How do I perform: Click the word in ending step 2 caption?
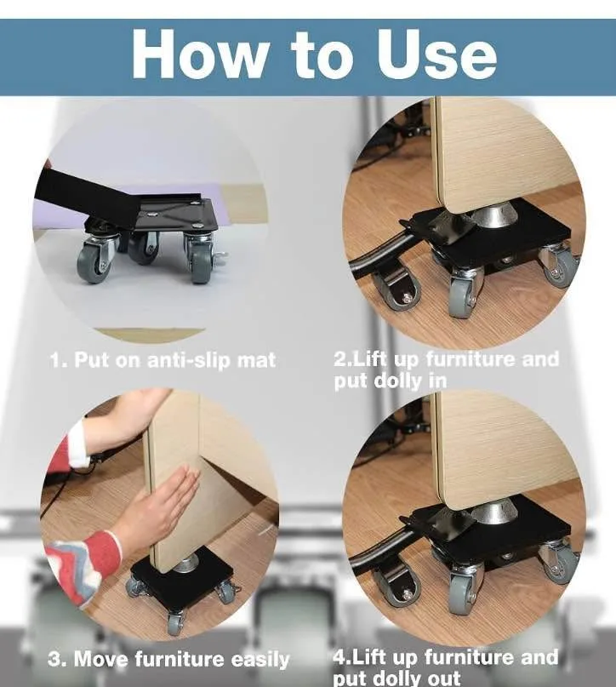click(436, 381)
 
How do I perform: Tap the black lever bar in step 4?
click(379, 553)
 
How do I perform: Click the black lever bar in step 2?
click(379, 255)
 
